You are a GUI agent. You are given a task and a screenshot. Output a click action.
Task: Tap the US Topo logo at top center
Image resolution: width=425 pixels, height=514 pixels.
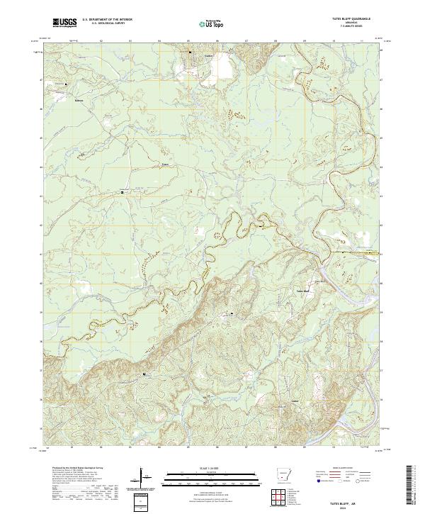tap(212, 23)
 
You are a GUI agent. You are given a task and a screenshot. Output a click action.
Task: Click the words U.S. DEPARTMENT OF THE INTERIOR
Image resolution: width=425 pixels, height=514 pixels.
tap(107, 21)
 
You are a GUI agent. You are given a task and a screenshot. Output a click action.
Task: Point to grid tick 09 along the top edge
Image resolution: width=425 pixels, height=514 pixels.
tap(303, 41)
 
